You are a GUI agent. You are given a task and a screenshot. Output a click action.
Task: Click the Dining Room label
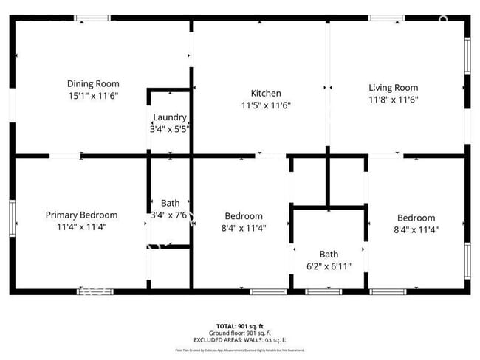click(93, 84)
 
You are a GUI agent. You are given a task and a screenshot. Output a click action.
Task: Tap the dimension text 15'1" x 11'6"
click(93, 96)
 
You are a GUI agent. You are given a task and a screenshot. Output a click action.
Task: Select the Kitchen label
click(266, 94)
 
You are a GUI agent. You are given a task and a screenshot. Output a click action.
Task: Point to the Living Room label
click(393, 88)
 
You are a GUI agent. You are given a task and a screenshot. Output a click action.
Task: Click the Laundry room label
click(170, 117)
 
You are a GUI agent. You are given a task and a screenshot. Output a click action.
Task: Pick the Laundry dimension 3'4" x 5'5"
click(170, 129)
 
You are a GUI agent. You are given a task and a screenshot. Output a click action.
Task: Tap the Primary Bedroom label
click(81, 215)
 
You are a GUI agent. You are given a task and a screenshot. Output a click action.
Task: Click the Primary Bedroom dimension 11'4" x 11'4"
click(81, 227)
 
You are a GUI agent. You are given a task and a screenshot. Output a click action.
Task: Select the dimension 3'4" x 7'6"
click(170, 215)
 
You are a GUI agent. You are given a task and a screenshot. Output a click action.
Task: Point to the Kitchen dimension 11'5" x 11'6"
click(266, 105)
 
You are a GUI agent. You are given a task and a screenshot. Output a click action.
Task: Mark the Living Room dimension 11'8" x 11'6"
click(393, 100)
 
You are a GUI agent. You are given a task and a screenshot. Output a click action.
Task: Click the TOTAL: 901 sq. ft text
click(240, 325)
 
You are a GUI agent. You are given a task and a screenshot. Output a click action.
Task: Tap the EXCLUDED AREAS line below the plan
click(240, 339)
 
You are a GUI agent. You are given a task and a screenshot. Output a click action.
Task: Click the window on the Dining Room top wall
click(93, 18)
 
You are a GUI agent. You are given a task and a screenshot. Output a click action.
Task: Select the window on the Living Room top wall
click(387, 18)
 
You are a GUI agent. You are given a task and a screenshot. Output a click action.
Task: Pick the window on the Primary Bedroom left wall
click(13, 218)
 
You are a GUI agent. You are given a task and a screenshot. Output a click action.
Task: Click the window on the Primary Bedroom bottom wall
click(95, 291)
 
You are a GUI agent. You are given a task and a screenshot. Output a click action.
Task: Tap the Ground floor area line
click(240, 333)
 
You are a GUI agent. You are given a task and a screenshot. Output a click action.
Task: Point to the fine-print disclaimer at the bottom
click(240, 350)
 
